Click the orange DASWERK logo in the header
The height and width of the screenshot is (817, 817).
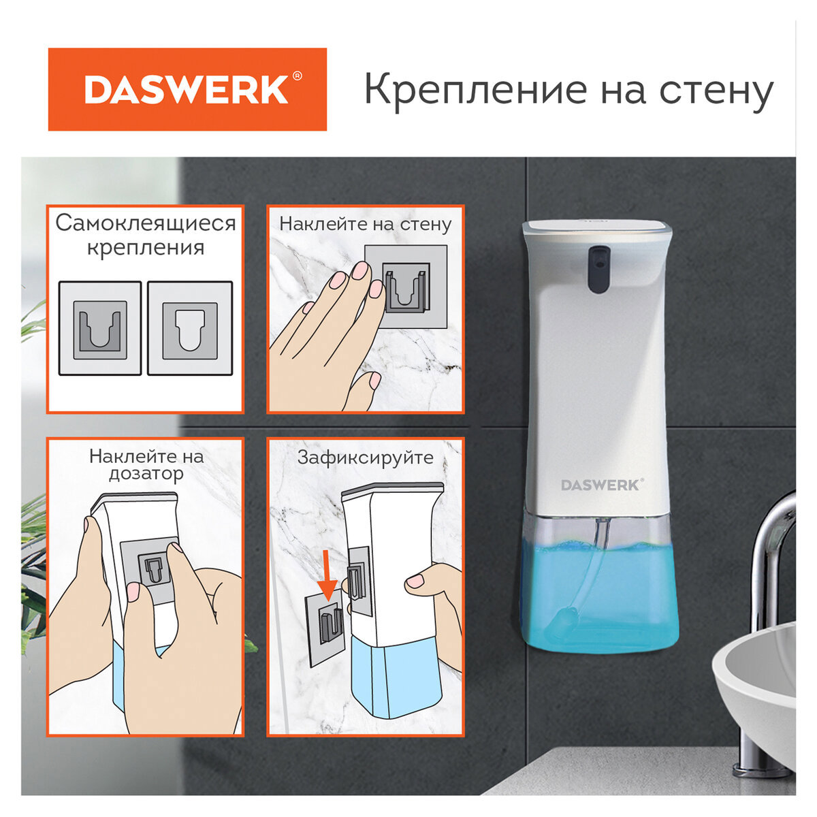(187, 89)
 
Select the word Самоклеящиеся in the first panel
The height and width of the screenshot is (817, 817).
(146, 223)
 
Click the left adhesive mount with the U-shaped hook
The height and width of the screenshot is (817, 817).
(100, 329)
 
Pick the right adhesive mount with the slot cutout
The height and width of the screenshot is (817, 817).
(190, 329)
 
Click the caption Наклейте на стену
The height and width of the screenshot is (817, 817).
(366, 223)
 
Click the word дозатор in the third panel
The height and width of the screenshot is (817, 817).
(146, 474)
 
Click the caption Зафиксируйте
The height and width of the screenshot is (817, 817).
(366, 458)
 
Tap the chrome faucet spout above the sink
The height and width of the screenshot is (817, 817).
(776, 531)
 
